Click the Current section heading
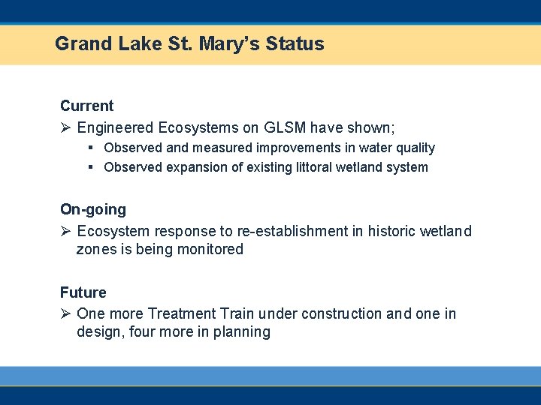tap(86, 106)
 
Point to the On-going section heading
tap(93, 209)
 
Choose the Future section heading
tap(83, 292)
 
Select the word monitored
tap(210, 249)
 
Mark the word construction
tap(340, 313)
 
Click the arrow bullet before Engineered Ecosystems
tap(66, 127)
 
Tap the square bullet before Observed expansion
tap(90, 167)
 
